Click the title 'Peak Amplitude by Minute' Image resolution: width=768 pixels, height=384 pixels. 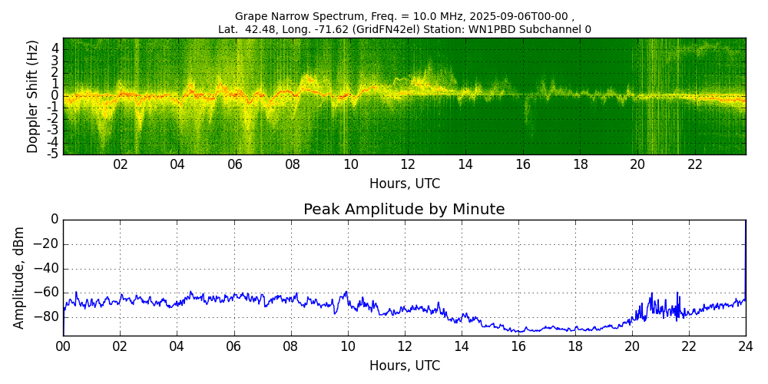pyautogui.click(x=404, y=210)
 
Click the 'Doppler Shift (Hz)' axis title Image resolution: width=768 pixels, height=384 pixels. pyautogui.click(x=32, y=96)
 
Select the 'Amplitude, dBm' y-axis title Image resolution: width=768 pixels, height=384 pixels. pyautogui.click(x=20, y=277)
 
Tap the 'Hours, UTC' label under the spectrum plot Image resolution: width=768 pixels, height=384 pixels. pyautogui.click(x=405, y=184)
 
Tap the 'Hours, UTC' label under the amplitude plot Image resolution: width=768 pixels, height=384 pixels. pyautogui.click(x=405, y=366)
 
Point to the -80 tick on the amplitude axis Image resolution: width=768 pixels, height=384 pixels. pyautogui.click(x=47, y=316)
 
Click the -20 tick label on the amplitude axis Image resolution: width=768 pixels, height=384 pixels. pyautogui.click(x=47, y=244)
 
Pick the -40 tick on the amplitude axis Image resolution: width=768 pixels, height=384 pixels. pyautogui.click(x=47, y=269)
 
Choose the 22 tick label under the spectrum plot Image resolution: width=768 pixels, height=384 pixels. pyautogui.click(x=694, y=164)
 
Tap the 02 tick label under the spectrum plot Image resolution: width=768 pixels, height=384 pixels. pyautogui.click(x=121, y=164)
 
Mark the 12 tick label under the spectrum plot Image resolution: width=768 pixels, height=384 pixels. pyautogui.click(x=408, y=164)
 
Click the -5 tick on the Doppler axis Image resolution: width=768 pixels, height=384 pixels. pyautogui.click(x=54, y=154)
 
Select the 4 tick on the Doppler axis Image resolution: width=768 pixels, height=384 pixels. pyautogui.click(x=55, y=48)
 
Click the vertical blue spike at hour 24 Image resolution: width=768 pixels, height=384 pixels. pyautogui.click(x=745, y=253)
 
